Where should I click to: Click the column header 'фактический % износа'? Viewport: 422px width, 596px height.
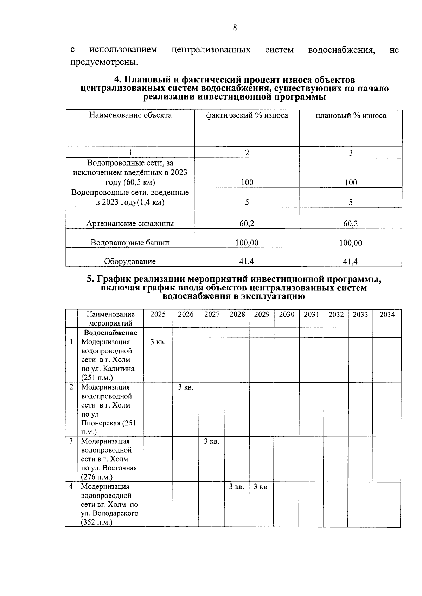(247, 116)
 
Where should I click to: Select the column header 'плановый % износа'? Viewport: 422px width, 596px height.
(351, 116)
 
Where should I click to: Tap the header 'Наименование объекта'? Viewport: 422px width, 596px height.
(130, 115)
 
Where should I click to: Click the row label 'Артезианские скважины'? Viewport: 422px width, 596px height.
(130, 224)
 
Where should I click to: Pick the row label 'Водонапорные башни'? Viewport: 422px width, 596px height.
(130, 243)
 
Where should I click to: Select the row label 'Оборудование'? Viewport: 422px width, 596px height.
(130, 261)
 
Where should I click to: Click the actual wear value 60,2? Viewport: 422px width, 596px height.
(247, 224)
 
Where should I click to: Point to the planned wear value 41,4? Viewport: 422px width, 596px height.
(350, 261)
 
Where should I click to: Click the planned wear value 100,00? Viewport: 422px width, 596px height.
(350, 243)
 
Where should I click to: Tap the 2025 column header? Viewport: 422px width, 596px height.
(158, 314)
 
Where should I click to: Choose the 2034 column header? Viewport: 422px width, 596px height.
(387, 314)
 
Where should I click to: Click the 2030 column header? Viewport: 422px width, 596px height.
(287, 314)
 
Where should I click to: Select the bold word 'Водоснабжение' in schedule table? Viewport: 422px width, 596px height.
(110, 333)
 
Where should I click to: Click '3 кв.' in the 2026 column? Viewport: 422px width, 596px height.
(185, 387)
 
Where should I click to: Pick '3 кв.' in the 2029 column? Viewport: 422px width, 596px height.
(261, 487)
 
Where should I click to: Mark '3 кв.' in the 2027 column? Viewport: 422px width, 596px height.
(212, 441)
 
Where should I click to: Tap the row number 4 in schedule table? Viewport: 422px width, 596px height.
(71, 486)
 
